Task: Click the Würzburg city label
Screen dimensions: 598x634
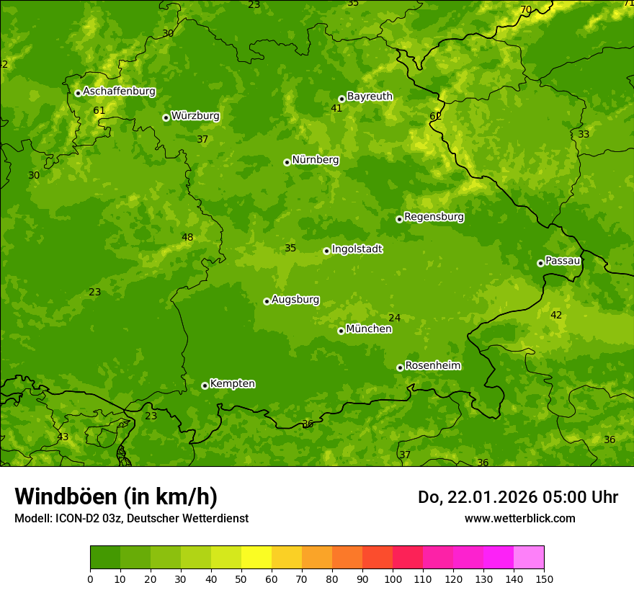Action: point(195,116)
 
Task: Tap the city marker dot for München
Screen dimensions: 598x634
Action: point(341,331)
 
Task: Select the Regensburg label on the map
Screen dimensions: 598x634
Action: point(434,217)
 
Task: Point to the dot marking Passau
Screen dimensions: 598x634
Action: point(540,263)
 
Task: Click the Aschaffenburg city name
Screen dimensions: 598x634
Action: point(119,92)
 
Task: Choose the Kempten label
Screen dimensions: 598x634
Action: point(232,384)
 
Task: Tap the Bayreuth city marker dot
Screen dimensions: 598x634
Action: point(341,99)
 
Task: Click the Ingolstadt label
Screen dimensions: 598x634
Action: point(357,249)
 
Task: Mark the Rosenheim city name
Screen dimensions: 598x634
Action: point(432,366)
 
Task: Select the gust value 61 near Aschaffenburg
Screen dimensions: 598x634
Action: point(99,111)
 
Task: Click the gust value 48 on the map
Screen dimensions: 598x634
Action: point(187,238)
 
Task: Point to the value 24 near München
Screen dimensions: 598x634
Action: point(394,318)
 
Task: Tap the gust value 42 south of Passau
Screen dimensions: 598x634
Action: point(555,316)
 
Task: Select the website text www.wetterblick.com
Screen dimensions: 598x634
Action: point(519,519)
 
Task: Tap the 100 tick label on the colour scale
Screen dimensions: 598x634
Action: point(393,579)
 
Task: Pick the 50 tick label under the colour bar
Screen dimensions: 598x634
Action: point(241,579)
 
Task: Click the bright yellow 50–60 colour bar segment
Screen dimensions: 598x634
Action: point(256,558)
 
